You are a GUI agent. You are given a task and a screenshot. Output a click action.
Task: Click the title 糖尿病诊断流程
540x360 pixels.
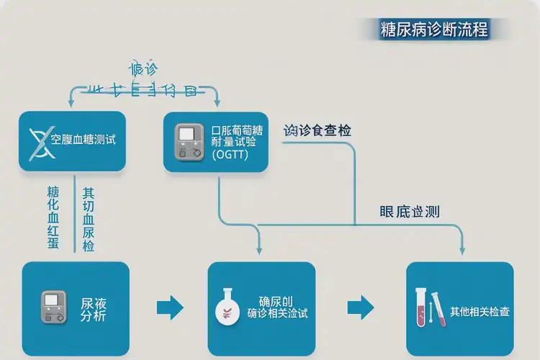pyautogui.click(x=433, y=30)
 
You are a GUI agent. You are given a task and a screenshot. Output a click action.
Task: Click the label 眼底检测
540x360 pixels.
pyautogui.click(x=409, y=212)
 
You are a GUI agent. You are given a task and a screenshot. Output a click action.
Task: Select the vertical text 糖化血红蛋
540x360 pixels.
pyautogui.click(x=53, y=217)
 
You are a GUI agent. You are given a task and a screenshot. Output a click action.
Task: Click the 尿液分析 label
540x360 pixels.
pyautogui.click(x=93, y=309)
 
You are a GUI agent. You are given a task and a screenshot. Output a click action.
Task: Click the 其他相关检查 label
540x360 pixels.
pyautogui.click(x=480, y=312)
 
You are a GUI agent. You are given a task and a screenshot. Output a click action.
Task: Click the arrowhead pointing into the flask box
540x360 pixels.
pyautogui.click(x=259, y=251)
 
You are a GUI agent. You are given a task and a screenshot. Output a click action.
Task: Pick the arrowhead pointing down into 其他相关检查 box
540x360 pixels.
pyautogui.click(x=462, y=251)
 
